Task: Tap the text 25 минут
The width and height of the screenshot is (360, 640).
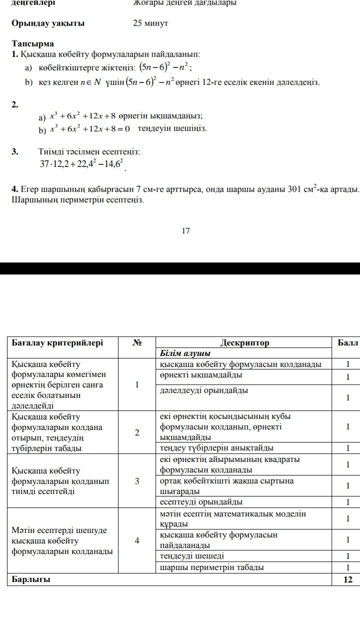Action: [150, 23]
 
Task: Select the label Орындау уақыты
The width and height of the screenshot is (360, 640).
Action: [48, 23]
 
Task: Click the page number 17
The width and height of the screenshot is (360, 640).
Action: [186, 230]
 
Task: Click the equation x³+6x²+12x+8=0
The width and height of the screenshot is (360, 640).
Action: [90, 129]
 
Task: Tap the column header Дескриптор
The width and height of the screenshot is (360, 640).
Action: [244, 343]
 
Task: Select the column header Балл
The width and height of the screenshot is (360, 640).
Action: [348, 343]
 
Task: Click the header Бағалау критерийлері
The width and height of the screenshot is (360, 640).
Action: [57, 343]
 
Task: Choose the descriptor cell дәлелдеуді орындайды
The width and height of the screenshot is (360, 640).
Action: [203, 390]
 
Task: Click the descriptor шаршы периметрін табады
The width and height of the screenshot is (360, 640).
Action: [212, 567]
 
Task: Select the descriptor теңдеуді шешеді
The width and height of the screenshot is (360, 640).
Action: [192, 556]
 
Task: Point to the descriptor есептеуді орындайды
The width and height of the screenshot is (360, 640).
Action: [201, 501]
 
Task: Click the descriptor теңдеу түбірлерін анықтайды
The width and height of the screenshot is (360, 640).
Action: [217, 447]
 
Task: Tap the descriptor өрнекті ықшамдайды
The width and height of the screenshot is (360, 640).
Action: [201, 374]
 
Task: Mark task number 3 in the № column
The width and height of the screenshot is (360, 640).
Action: [136, 481]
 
